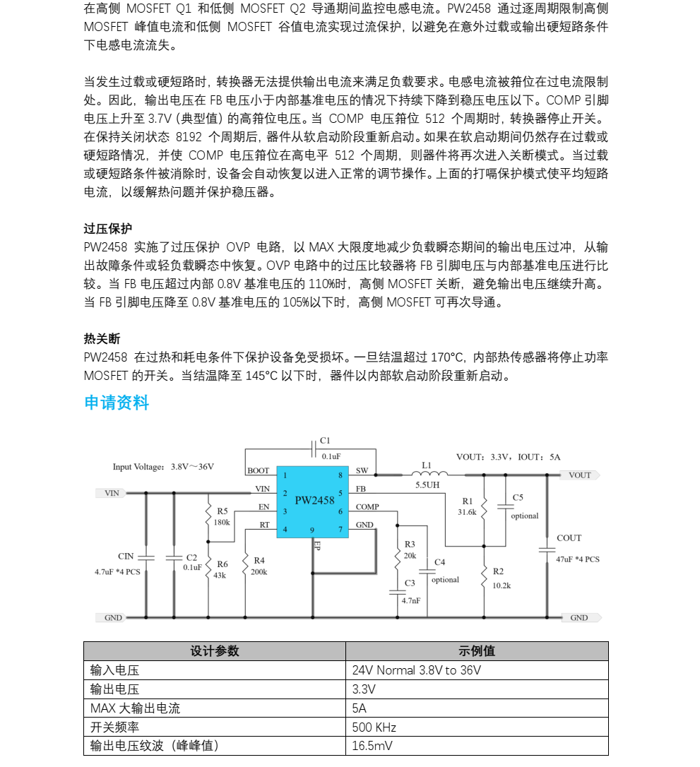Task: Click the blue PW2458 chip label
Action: coord(314,500)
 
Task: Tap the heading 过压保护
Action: coord(107,229)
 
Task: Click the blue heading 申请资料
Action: coord(117,403)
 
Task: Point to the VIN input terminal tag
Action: coord(111,493)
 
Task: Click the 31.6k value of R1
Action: coord(467,512)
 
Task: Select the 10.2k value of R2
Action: coord(502,585)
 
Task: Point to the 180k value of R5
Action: coord(222,523)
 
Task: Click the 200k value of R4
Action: coord(259,572)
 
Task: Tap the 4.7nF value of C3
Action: coord(410,600)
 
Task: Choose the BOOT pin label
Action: coord(258,470)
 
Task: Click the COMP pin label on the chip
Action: coord(367,506)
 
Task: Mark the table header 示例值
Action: coord(477,651)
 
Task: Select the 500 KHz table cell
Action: coord(374,727)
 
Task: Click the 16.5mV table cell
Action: coord(372,747)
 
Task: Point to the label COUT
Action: coord(569,538)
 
